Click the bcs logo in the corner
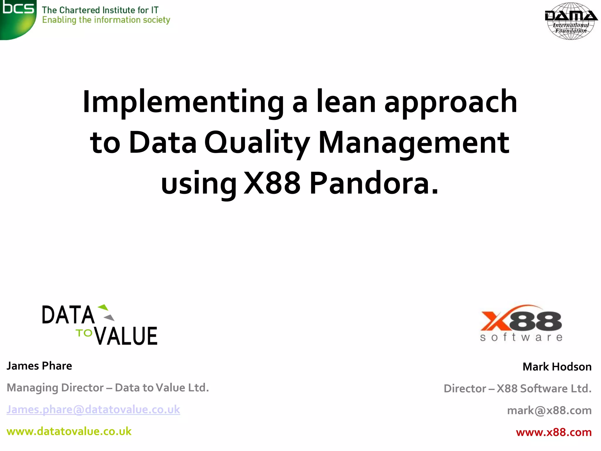pyautogui.click(x=18, y=18)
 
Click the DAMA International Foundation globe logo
pyautogui.click(x=570, y=21)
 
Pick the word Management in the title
pyautogui.click(x=414, y=143)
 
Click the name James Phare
pyautogui.click(x=39, y=366)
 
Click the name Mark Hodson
pyautogui.click(x=557, y=367)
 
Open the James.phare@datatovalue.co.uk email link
pyautogui.click(x=93, y=410)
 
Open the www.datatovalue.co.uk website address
pyautogui.click(x=69, y=431)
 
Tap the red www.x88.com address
pyautogui.click(x=553, y=432)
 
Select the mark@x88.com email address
pyautogui.click(x=549, y=410)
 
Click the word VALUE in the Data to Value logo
pyautogui.click(x=126, y=336)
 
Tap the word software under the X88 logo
pyautogui.click(x=521, y=337)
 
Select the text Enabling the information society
pyautogui.click(x=106, y=20)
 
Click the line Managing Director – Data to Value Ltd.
pyautogui.click(x=108, y=388)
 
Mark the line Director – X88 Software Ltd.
pyautogui.click(x=517, y=388)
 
